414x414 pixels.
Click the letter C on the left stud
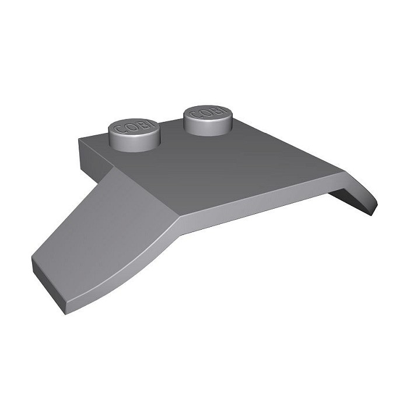118,130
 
